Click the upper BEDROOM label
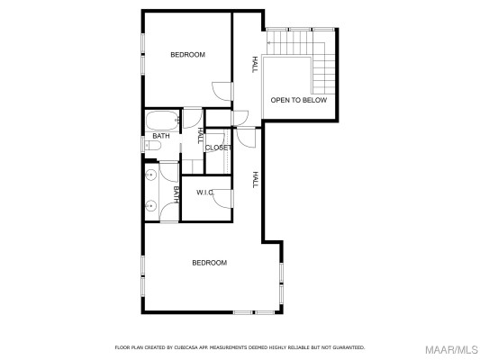click(x=188, y=55)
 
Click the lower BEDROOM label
click(x=209, y=263)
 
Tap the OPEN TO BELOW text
click(x=299, y=100)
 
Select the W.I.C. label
click(x=204, y=193)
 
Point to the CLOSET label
click(x=218, y=148)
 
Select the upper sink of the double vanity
click(x=150, y=175)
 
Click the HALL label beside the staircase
click(x=255, y=64)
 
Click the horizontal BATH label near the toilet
click(x=160, y=136)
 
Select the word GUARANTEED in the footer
click(x=347, y=346)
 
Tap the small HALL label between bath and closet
click(x=199, y=135)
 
